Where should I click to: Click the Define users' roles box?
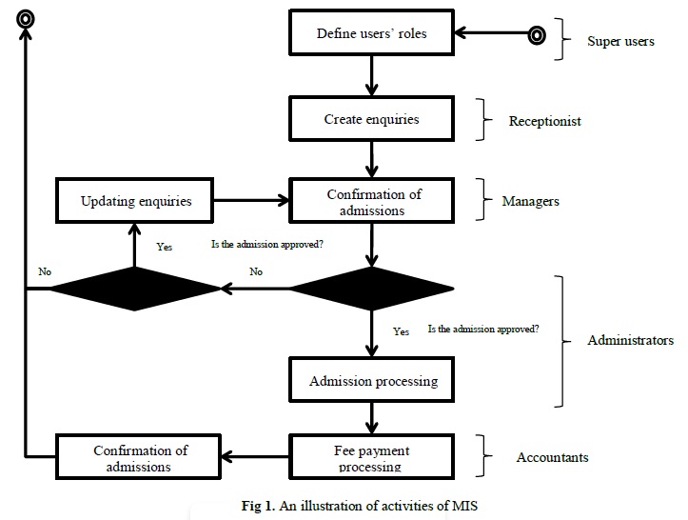coord(371,32)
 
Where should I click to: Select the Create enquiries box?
coord(371,119)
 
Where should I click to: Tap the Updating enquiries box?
coord(135,201)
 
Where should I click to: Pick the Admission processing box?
coord(371,380)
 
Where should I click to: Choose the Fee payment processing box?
coord(371,457)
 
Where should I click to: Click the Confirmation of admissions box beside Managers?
coord(371,201)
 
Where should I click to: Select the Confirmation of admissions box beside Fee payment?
coord(138,457)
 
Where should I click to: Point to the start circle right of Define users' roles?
coord(537,35)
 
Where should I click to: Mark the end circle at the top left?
coord(26,19)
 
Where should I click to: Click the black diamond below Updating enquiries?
coord(135,289)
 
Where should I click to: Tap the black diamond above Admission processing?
coord(371,289)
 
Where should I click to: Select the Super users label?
coord(620,41)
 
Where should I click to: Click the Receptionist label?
coord(544,121)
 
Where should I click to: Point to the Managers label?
coord(530,201)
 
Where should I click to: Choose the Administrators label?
coord(631,340)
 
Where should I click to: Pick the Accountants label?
coord(552,457)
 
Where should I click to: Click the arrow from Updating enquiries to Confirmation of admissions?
coord(251,201)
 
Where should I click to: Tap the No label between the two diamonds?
coord(256,271)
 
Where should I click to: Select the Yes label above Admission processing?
coord(401,331)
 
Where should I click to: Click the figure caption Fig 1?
coord(360,506)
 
